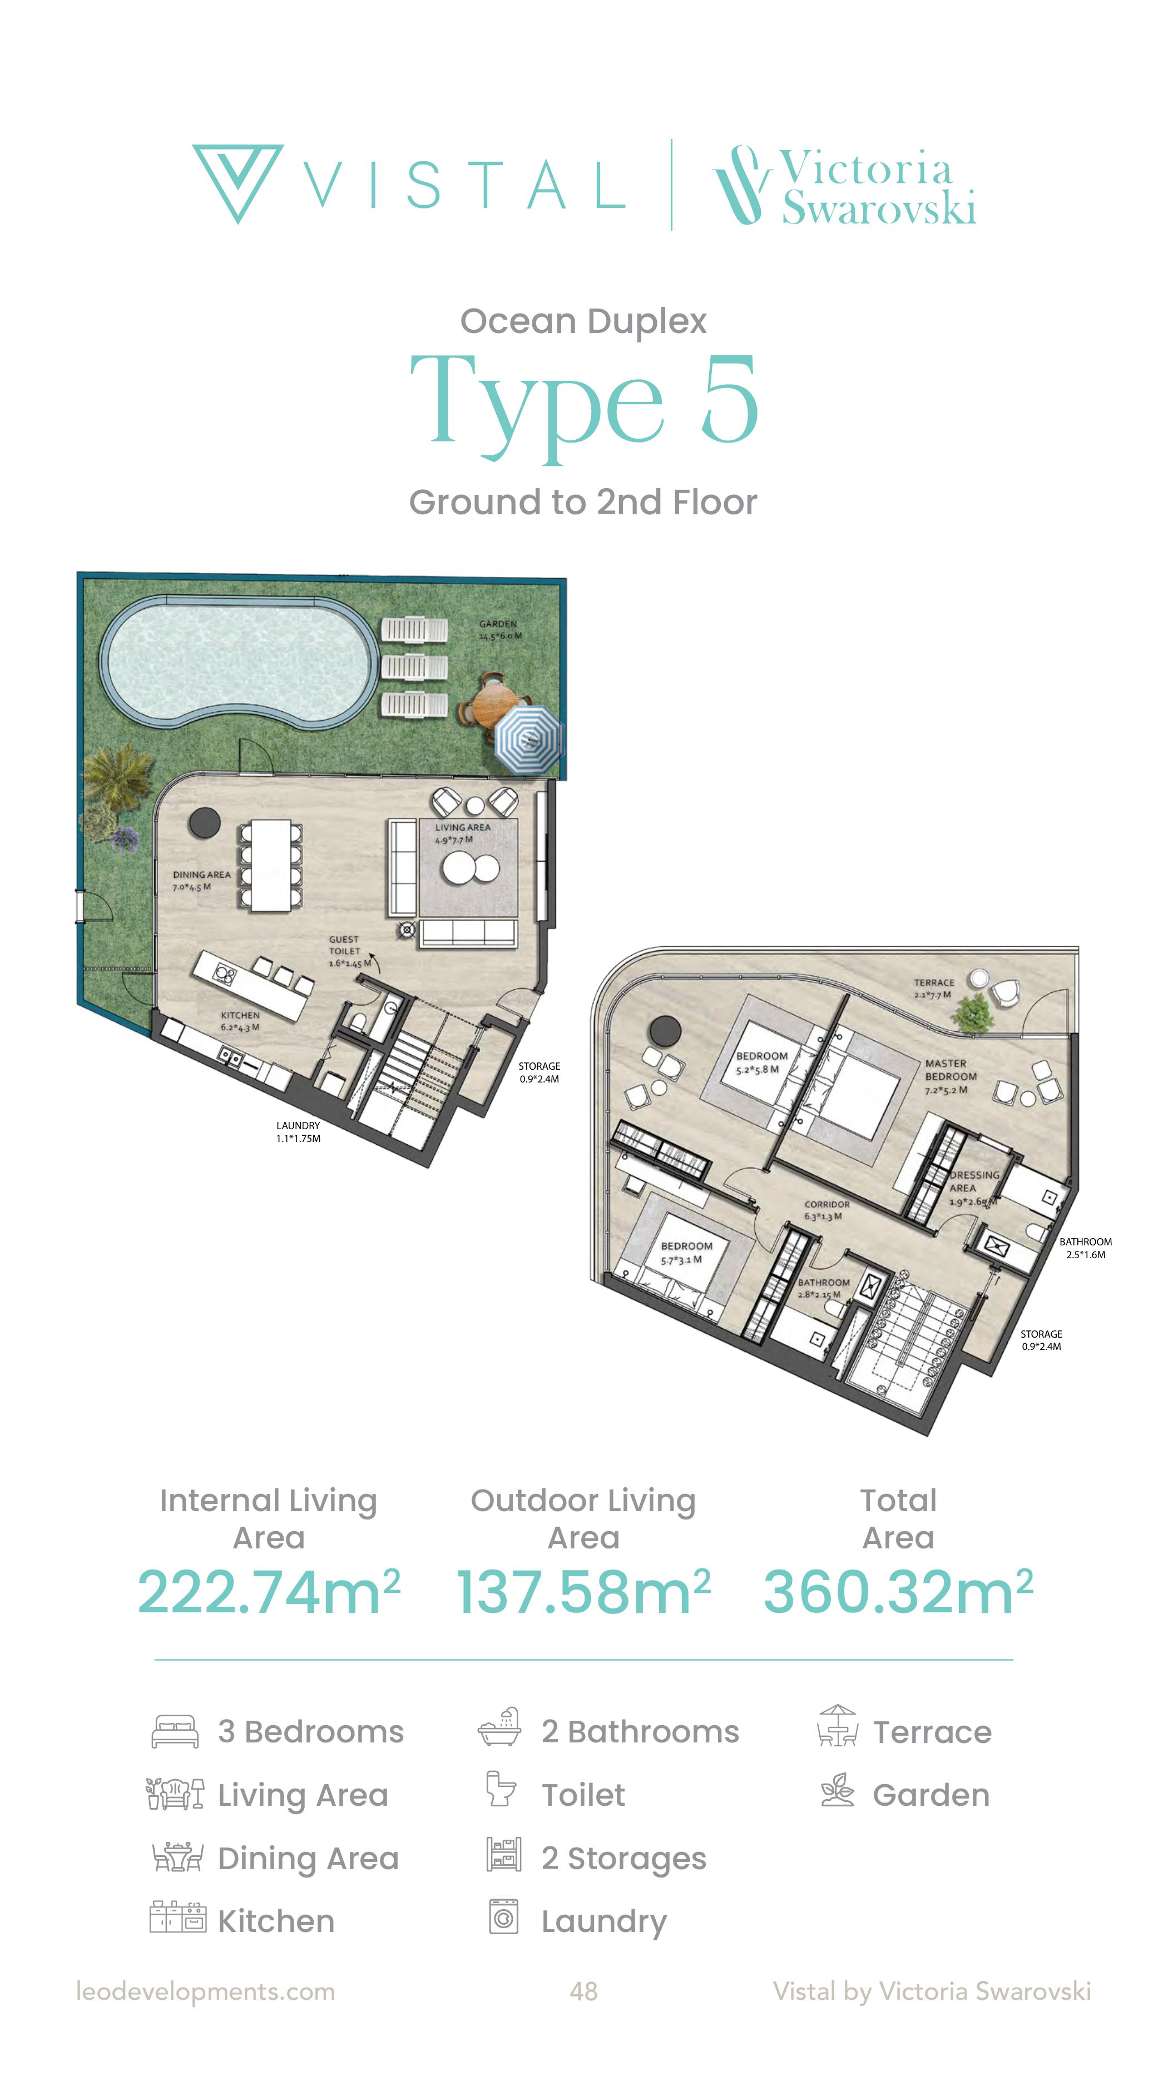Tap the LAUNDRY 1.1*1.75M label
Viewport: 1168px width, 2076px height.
click(298, 1131)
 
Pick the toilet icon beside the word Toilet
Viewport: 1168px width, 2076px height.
click(501, 1789)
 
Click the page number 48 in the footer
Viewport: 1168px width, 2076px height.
click(583, 1991)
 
